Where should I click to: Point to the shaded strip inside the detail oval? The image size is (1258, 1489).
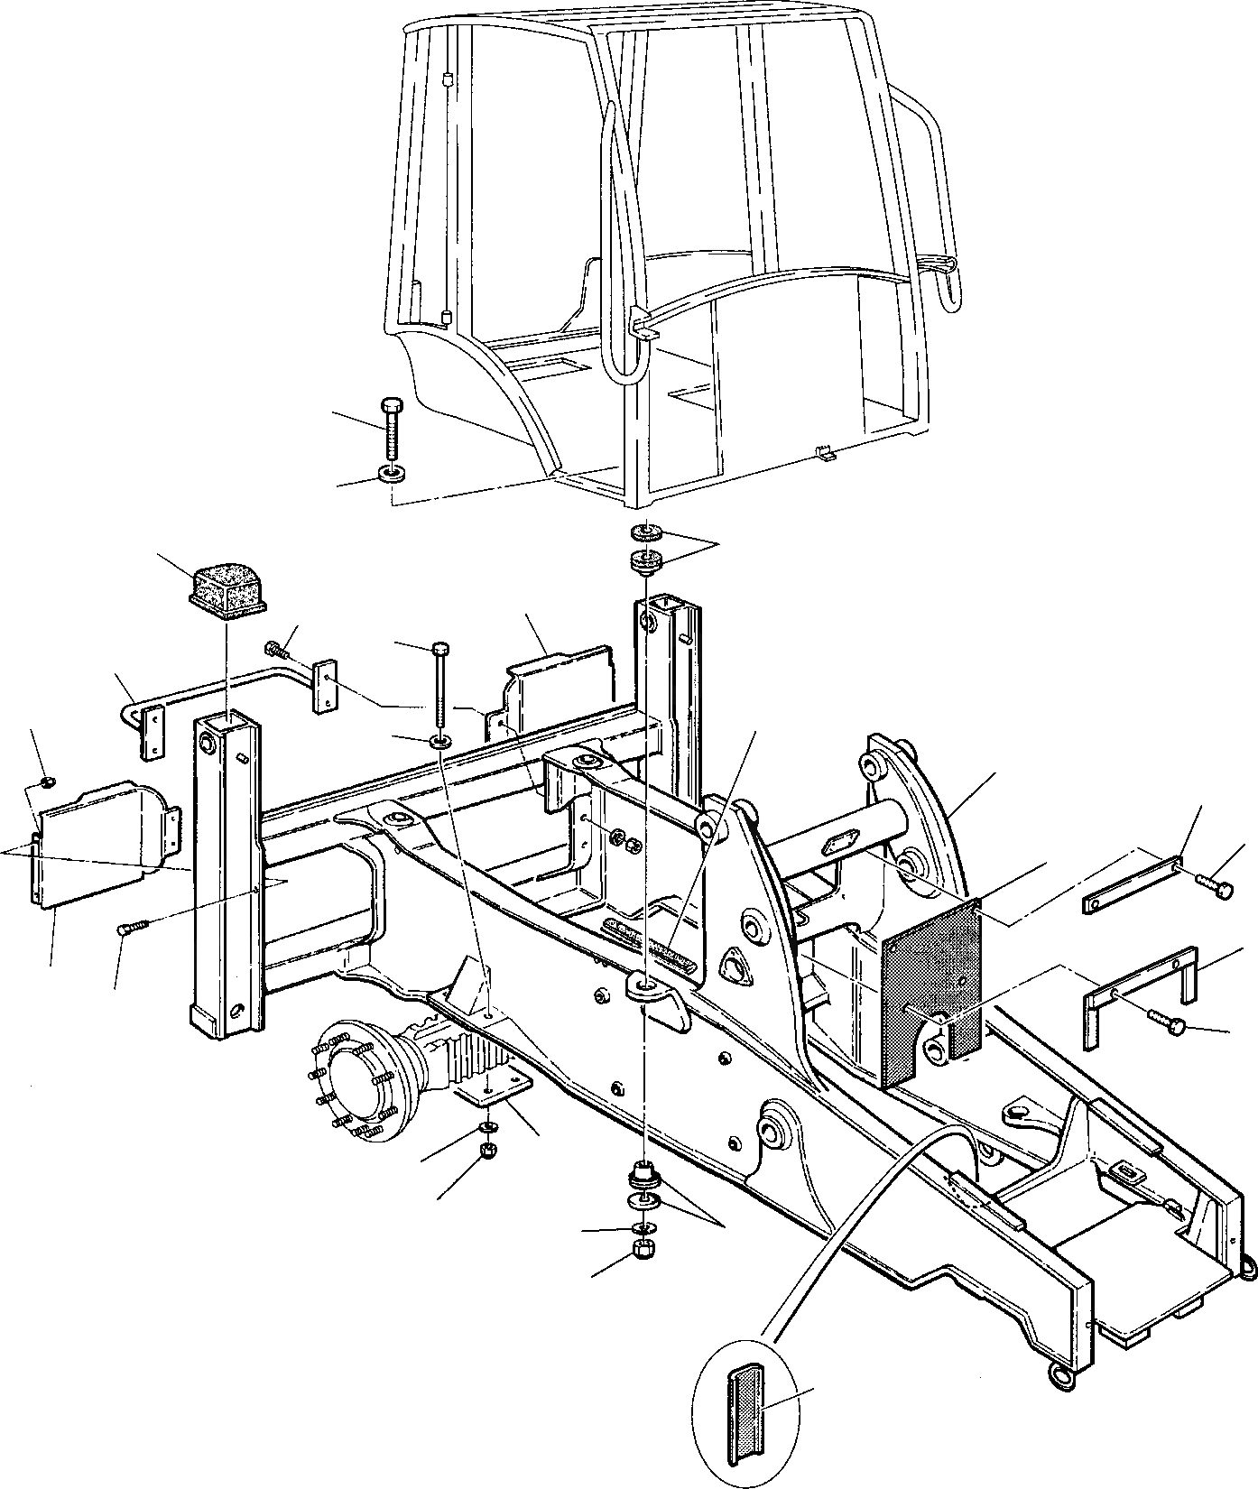pos(745,1401)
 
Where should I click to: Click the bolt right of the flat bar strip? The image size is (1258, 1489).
pos(1215,887)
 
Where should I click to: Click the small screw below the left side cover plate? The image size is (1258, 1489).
pos(131,928)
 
